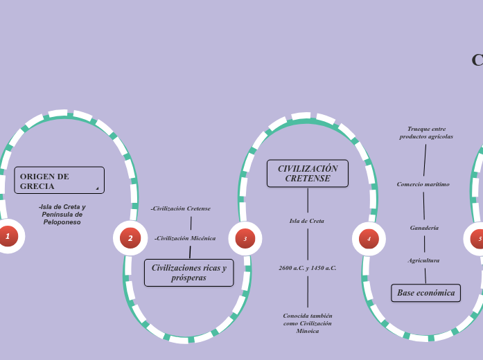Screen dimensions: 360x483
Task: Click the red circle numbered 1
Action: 8,237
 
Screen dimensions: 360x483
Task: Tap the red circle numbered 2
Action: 130,238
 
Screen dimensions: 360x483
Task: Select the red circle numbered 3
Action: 245,238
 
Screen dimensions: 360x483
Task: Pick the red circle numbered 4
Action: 369,239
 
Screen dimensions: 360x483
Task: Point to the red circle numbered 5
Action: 478,239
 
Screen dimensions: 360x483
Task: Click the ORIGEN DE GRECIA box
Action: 59,181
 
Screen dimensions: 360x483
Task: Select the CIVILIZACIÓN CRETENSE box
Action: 308,173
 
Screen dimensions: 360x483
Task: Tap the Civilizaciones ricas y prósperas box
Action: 188,273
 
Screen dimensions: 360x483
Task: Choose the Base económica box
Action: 425,293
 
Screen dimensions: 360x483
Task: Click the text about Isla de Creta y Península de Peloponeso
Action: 62,214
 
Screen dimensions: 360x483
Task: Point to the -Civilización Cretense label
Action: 181,208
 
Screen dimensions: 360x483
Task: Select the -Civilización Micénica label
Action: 185,238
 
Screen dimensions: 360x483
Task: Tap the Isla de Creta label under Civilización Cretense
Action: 307,221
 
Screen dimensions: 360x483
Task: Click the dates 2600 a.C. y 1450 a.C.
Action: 308,268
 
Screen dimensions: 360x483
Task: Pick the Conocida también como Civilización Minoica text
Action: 308,323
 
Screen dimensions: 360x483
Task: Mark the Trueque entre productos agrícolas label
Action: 426,133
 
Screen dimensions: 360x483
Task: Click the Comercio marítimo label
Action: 423,184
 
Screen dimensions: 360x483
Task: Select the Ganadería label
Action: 424,228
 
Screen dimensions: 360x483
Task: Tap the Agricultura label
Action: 423,260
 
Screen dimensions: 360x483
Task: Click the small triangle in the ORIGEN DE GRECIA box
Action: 97,188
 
